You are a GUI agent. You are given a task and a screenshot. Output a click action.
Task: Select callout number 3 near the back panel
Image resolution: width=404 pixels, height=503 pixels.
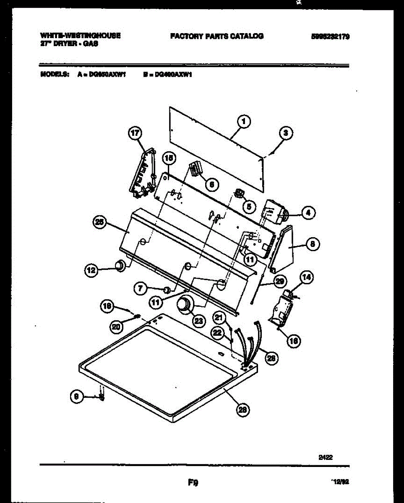[x=286, y=134]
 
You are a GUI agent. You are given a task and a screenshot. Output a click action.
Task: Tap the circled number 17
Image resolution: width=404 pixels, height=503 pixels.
[x=134, y=134]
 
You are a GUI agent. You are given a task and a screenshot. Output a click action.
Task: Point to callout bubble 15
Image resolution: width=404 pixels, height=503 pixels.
[x=169, y=158]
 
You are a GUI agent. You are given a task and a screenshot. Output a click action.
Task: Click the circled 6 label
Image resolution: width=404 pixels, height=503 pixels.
[x=211, y=184]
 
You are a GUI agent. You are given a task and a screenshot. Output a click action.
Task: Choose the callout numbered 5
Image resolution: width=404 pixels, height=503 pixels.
[x=249, y=206]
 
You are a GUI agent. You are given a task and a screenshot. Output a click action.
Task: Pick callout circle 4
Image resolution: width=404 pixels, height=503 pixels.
[x=308, y=213]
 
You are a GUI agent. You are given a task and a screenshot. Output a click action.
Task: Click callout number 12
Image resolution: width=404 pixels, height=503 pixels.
[x=91, y=270]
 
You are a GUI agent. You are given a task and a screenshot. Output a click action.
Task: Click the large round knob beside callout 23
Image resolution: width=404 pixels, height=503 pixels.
[x=183, y=305]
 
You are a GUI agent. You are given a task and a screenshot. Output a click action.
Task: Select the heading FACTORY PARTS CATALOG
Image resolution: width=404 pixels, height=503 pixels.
[x=217, y=36]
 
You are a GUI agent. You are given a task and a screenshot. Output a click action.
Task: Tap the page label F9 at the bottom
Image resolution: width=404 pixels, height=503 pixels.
[x=193, y=483]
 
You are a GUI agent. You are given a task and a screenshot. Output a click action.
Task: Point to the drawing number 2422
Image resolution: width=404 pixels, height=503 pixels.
[x=326, y=458]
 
